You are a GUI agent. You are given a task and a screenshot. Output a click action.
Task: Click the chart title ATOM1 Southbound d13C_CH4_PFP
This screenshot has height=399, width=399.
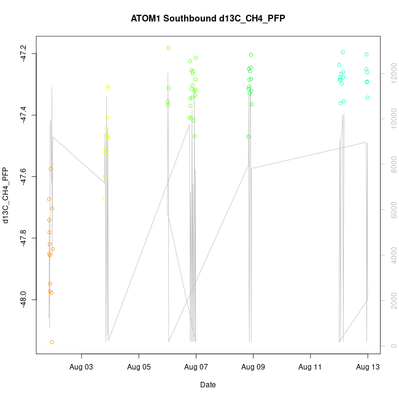(207, 18)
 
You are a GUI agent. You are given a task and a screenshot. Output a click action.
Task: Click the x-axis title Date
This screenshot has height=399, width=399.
(207, 385)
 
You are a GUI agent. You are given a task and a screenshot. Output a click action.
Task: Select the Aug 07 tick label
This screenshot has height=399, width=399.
(196, 367)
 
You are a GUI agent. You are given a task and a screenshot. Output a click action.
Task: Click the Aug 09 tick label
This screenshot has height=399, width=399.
(253, 367)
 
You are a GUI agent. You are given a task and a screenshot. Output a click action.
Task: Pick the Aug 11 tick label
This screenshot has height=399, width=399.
(311, 367)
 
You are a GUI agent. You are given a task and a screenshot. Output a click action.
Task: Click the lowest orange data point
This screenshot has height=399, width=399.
(52, 342)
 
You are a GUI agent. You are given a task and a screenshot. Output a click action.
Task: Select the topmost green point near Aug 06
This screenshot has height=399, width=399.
(168, 48)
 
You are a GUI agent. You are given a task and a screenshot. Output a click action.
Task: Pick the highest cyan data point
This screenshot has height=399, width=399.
(343, 52)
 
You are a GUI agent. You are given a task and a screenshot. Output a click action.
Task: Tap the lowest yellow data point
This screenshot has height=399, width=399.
(104, 199)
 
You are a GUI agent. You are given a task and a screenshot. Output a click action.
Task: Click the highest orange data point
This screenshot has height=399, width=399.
(51, 168)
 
